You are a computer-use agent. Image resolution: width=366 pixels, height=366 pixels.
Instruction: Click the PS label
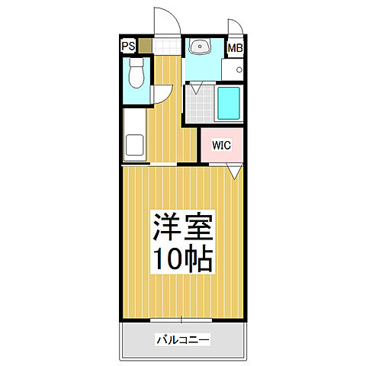(128, 46)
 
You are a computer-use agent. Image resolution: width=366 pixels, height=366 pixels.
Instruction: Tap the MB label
(236, 48)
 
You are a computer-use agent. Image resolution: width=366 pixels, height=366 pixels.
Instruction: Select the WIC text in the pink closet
(221, 143)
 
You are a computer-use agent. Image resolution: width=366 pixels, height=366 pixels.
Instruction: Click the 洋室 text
(184, 226)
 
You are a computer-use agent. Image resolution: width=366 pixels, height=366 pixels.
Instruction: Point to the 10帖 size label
(184, 259)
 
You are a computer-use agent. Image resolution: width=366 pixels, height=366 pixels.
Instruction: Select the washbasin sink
(201, 48)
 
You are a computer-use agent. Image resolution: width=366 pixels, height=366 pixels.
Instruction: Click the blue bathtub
(228, 104)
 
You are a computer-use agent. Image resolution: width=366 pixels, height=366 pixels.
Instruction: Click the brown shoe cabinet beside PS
(144, 46)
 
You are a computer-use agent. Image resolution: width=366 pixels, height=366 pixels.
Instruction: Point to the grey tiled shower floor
(199, 104)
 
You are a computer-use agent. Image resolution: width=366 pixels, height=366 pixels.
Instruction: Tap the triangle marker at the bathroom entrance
(197, 90)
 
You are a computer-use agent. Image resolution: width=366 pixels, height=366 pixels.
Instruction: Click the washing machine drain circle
(238, 70)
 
